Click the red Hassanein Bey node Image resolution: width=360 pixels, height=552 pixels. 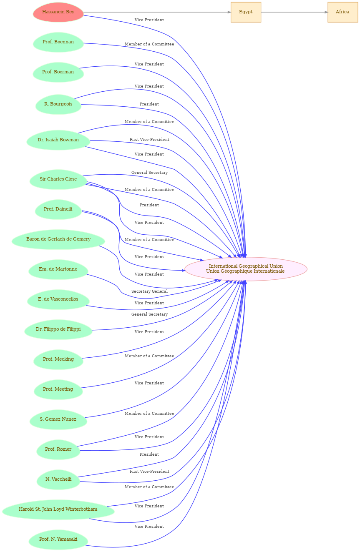coord(58,12)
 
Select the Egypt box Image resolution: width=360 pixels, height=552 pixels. coord(246,12)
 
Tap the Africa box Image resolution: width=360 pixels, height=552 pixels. coord(342,12)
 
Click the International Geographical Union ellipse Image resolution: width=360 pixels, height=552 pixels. coord(246,269)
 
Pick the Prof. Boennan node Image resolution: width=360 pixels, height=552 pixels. coord(58,42)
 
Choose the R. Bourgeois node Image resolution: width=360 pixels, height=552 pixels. coord(58,104)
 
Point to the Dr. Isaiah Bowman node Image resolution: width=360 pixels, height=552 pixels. coord(58,140)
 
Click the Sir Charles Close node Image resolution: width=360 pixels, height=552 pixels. coord(58,179)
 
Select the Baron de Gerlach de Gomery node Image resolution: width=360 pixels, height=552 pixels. coord(58,239)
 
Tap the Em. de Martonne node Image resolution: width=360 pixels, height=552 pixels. coord(58,269)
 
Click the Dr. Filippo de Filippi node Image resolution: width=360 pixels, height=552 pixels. coord(58,329)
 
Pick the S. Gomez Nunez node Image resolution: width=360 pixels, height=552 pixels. coord(58,419)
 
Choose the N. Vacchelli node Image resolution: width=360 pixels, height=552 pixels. coord(58,479)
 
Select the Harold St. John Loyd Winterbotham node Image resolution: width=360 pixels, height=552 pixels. coord(58,509)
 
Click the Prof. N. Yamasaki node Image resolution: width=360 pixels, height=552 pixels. coord(58,539)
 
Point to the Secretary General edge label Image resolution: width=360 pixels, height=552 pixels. coord(149,291)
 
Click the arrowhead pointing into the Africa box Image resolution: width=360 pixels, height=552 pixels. coord(326,12)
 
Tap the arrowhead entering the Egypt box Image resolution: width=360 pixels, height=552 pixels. coord(229,12)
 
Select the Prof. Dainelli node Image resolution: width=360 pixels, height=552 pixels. coord(58,209)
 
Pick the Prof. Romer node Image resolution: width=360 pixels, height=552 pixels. coord(58,449)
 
